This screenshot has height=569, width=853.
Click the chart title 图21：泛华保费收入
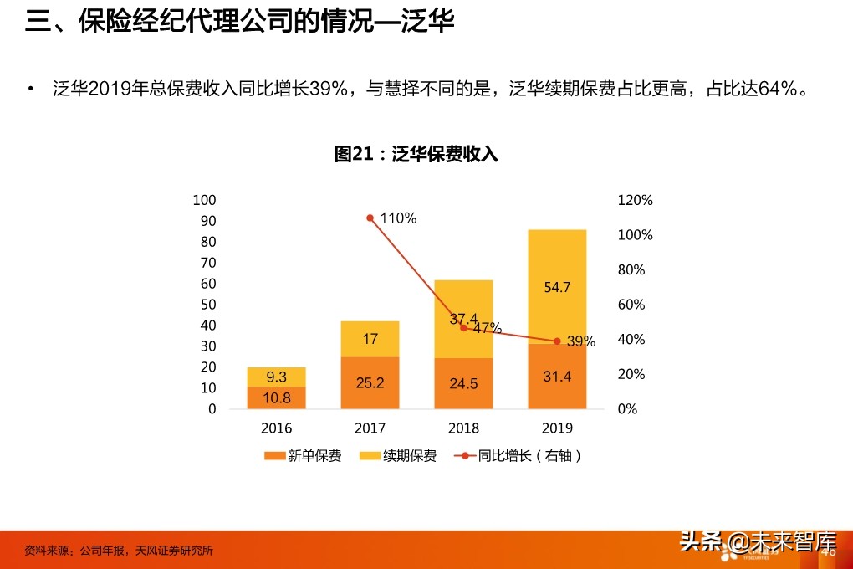coord(416,154)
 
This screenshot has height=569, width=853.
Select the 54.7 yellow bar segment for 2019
coord(557,286)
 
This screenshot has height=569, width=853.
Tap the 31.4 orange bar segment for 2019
coord(557,377)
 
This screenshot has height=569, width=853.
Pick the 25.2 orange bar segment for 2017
coord(370,383)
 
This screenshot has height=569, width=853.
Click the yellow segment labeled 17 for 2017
coord(370,339)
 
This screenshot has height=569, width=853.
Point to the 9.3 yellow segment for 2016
coord(276,377)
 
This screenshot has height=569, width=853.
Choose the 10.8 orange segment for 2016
coord(276,398)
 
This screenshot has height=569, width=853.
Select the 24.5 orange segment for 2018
coord(463,384)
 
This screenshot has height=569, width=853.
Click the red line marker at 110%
coord(370,218)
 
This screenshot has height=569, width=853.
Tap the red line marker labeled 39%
coord(557,341)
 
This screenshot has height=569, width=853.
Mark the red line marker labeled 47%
coord(463,327)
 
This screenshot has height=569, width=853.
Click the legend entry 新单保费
coord(303,456)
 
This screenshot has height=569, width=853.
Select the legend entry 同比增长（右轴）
coord(518,456)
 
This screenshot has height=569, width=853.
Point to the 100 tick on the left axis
coord(204,200)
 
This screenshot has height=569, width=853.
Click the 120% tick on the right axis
coord(635,201)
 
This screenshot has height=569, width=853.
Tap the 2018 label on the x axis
coord(463,428)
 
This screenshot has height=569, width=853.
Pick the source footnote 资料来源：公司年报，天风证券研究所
coord(119,551)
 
